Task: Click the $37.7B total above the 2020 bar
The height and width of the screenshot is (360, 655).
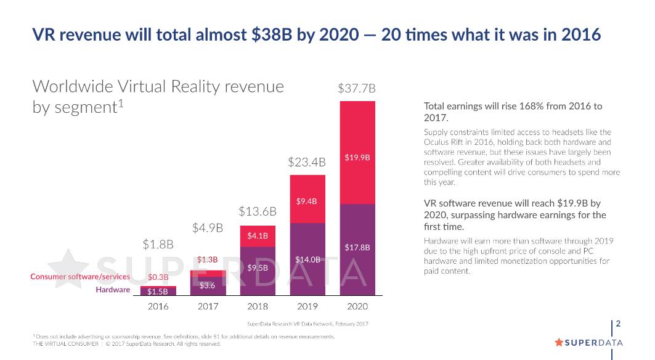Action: click(x=357, y=89)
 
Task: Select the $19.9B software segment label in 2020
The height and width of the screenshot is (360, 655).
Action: click(x=357, y=158)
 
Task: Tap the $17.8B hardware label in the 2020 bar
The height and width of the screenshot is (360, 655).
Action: click(x=357, y=248)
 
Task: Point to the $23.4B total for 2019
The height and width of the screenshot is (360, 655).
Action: click(x=307, y=163)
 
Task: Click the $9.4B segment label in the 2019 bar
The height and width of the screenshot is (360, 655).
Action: click(x=307, y=201)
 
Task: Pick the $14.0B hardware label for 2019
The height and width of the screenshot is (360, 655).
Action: click(x=307, y=260)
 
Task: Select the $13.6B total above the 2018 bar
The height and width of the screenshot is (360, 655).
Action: click(x=258, y=211)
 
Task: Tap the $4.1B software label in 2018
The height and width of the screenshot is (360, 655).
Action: click(x=258, y=235)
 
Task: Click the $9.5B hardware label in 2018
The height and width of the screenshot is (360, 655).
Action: click(x=258, y=268)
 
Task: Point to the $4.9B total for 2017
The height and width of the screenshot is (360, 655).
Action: click(x=208, y=229)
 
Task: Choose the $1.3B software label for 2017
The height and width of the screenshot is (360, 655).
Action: click(x=208, y=260)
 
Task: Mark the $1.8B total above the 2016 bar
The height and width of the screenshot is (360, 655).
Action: click(x=158, y=244)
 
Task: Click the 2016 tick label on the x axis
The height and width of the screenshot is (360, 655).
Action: click(x=158, y=306)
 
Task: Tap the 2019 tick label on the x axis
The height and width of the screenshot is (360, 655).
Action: click(x=307, y=306)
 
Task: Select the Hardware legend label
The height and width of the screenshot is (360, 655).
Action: click(x=113, y=290)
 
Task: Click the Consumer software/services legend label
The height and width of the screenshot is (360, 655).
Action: click(x=80, y=277)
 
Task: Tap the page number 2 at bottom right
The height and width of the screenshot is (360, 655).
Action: click(x=618, y=324)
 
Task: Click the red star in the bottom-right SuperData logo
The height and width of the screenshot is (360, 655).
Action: click(x=559, y=342)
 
